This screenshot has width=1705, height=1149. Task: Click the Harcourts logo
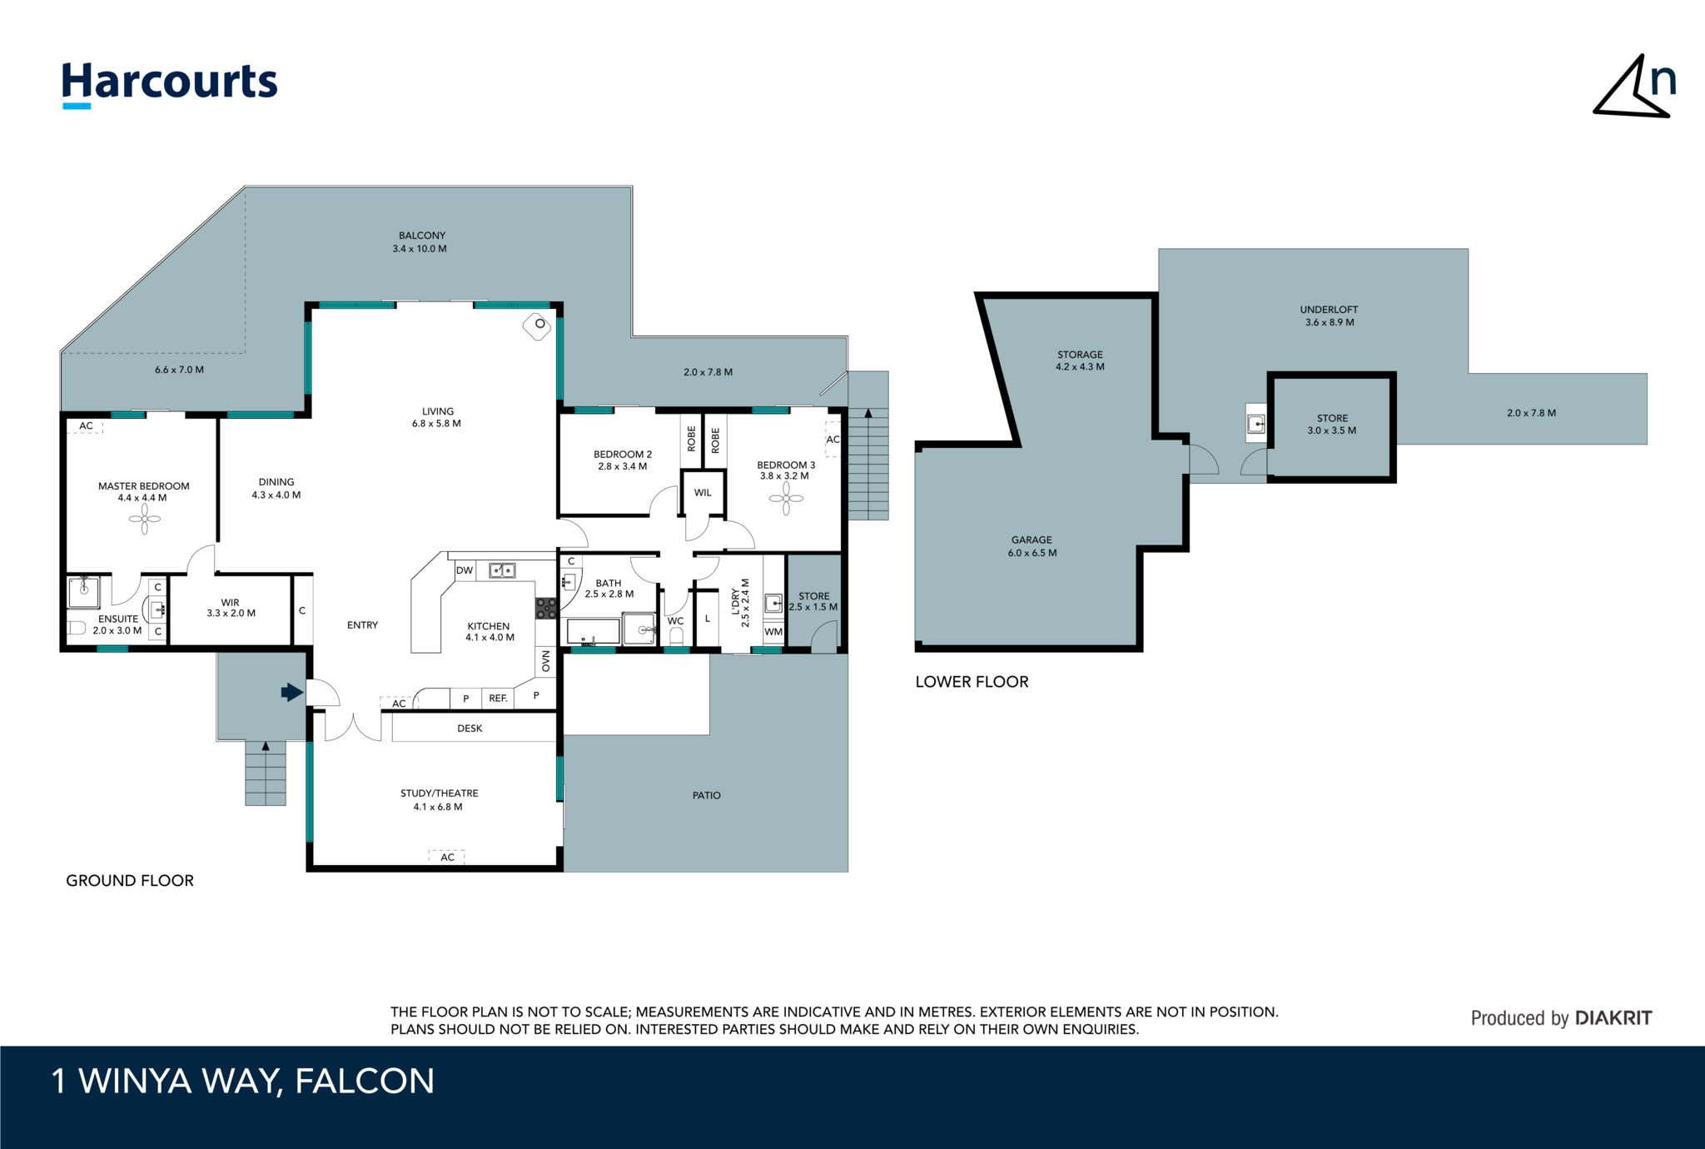click(170, 85)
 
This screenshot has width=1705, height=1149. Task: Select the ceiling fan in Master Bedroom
click(145, 520)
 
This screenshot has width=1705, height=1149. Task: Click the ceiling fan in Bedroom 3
click(786, 499)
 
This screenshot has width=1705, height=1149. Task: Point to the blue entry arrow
click(292, 692)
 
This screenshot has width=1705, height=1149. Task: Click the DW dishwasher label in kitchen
click(465, 570)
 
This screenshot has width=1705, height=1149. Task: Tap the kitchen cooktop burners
click(546, 608)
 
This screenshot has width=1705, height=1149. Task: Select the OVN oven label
click(546, 661)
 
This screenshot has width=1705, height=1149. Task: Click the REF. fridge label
click(498, 699)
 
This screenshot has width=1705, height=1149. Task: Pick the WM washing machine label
click(773, 632)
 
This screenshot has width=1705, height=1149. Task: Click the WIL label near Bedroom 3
click(703, 493)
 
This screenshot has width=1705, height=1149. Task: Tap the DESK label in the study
click(470, 729)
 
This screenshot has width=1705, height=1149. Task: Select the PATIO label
click(707, 796)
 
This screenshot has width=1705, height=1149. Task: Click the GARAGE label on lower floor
click(1032, 540)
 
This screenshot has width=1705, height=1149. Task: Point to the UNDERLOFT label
click(1330, 310)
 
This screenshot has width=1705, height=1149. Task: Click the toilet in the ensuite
click(77, 628)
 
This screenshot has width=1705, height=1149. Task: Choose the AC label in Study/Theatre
click(447, 858)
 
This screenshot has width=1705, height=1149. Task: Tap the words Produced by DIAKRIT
click(1561, 1018)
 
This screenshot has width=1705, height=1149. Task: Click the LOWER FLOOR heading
click(972, 682)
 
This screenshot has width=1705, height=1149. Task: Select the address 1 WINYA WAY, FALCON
click(243, 1082)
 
